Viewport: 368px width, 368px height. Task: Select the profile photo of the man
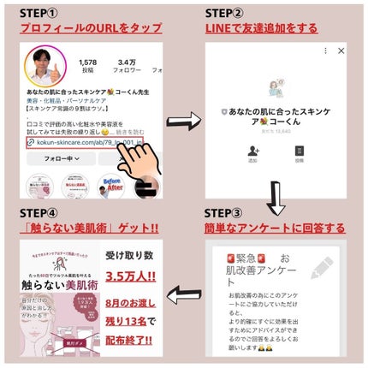click(x=44, y=68)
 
